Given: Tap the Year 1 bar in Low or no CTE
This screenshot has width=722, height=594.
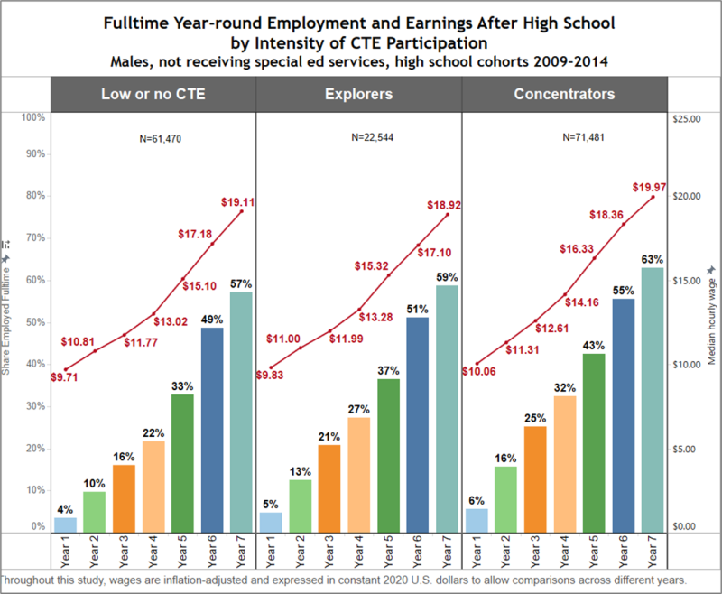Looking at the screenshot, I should (x=65, y=524).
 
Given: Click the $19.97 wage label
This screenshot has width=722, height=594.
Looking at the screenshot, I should (x=651, y=187).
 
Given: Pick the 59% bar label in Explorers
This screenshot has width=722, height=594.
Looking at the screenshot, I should (x=447, y=277).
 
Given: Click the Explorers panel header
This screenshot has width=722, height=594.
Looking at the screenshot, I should (x=358, y=94).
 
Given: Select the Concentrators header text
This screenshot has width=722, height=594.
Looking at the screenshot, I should (x=564, y=94).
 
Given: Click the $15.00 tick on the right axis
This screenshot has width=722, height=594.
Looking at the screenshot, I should (x=687, y=281).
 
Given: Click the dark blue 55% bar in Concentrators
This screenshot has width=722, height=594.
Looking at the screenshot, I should (x=622, y=415).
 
